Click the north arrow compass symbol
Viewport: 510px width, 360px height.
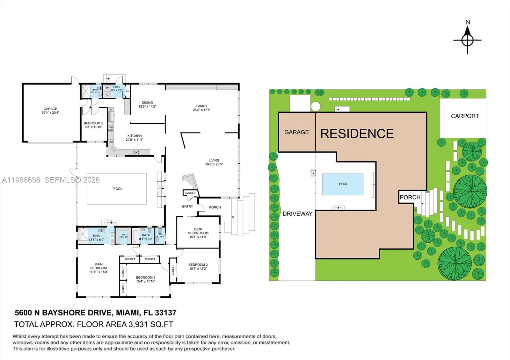467,40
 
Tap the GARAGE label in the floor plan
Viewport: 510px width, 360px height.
50,109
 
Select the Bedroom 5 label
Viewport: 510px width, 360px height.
93,123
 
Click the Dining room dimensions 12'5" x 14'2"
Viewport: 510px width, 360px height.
147,107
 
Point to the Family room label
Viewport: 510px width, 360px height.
202,106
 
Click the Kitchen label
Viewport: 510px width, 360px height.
135,136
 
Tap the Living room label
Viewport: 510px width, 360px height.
214,160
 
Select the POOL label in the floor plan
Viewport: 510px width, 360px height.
118,189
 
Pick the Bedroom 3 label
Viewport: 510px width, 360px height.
198,265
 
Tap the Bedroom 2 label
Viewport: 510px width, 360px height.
146,277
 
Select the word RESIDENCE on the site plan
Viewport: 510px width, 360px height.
357,133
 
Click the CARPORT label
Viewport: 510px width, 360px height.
465,116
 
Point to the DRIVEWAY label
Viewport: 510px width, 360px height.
297,214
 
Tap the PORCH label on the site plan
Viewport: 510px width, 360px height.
410,197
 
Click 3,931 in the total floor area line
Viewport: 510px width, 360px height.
138,324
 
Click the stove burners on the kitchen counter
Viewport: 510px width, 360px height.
136,152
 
